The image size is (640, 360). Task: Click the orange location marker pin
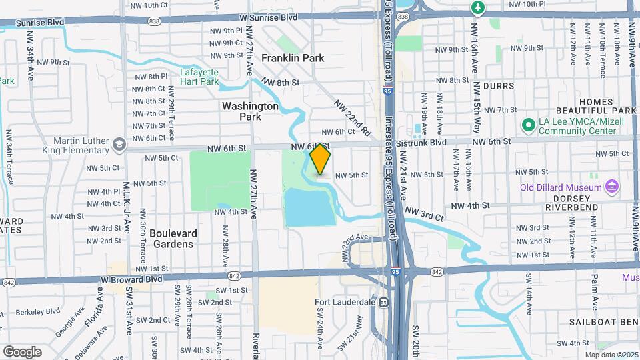(x=321, y=159)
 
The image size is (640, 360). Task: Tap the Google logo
(x=22, y=351)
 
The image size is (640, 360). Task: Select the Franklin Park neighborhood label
(x=293, y=58)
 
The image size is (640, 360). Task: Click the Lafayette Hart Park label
(x=199, y=77)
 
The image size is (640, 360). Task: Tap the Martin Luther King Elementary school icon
(x=119, y=144)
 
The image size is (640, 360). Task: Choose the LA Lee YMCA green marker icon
(x=529, y=125)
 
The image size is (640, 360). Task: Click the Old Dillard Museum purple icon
(x=612, y=185)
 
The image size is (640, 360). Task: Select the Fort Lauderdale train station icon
(x=383, y=303)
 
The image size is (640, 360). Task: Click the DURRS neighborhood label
(x=499, y=86)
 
